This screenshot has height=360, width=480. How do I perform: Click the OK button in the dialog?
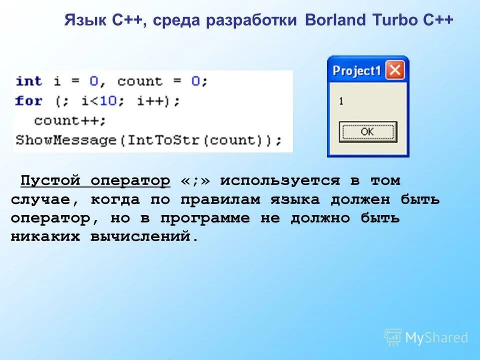pos(367,131)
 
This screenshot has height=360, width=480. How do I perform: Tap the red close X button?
pos(395,70)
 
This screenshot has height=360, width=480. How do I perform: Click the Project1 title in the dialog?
pos(356,71)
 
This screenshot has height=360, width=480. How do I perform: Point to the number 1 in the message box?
pos(341,101)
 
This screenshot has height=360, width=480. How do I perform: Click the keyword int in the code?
pos(28,81)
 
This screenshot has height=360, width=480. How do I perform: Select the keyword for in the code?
pos(28,100)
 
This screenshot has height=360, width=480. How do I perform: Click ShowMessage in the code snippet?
pos(65,139)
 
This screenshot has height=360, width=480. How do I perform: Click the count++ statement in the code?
pos(70,120)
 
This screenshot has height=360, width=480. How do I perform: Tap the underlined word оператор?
pos(130,180)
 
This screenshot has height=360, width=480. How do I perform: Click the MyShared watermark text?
pos(436,338)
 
